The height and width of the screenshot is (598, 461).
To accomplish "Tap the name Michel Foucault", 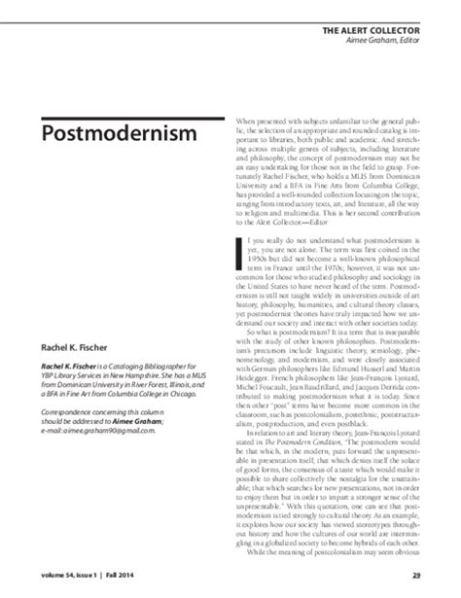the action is (266, 408).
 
